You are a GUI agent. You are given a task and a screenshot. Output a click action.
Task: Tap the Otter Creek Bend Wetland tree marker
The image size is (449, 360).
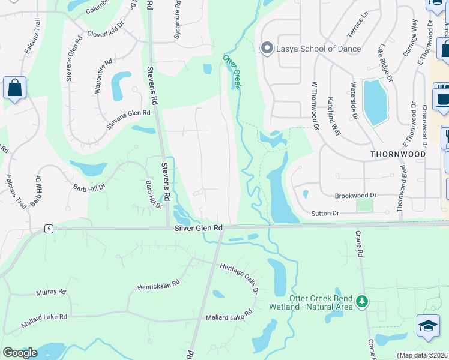tap(361, 301)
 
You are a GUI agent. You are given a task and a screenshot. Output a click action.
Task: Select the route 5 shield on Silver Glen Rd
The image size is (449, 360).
tap(48, 229)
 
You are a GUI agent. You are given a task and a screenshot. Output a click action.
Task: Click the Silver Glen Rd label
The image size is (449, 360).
tap(199, 229)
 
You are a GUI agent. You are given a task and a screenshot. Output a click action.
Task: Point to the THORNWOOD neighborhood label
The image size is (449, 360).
tap(398, 154)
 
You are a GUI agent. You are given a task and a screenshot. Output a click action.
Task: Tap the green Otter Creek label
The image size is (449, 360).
tap(232, 71)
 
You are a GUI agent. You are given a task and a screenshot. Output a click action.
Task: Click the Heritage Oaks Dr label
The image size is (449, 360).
tap(238, 279)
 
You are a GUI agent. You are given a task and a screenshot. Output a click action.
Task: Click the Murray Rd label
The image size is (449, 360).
tap(50, 292)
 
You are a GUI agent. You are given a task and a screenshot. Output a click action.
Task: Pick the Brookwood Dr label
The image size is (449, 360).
tap(355, 196)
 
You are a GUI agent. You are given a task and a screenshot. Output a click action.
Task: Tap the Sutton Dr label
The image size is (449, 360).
tap(325, 213)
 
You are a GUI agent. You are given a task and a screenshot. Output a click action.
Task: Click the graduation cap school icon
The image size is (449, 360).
tap(428, 326)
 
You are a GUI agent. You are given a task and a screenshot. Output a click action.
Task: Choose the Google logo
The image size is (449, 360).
tap(20, 353)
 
